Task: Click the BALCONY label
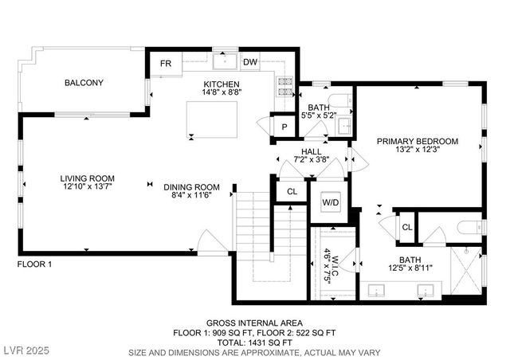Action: point(84,82)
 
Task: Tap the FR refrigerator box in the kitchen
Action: point(166,63)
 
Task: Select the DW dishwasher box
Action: point(249,62)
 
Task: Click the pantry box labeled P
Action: point(283,127)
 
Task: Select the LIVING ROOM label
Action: point(87,178)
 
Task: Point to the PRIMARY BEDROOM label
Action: point(418,141)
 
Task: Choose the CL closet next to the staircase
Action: point(292,191)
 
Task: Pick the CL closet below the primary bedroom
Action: point(406,227)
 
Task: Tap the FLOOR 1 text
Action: point(34,264)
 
